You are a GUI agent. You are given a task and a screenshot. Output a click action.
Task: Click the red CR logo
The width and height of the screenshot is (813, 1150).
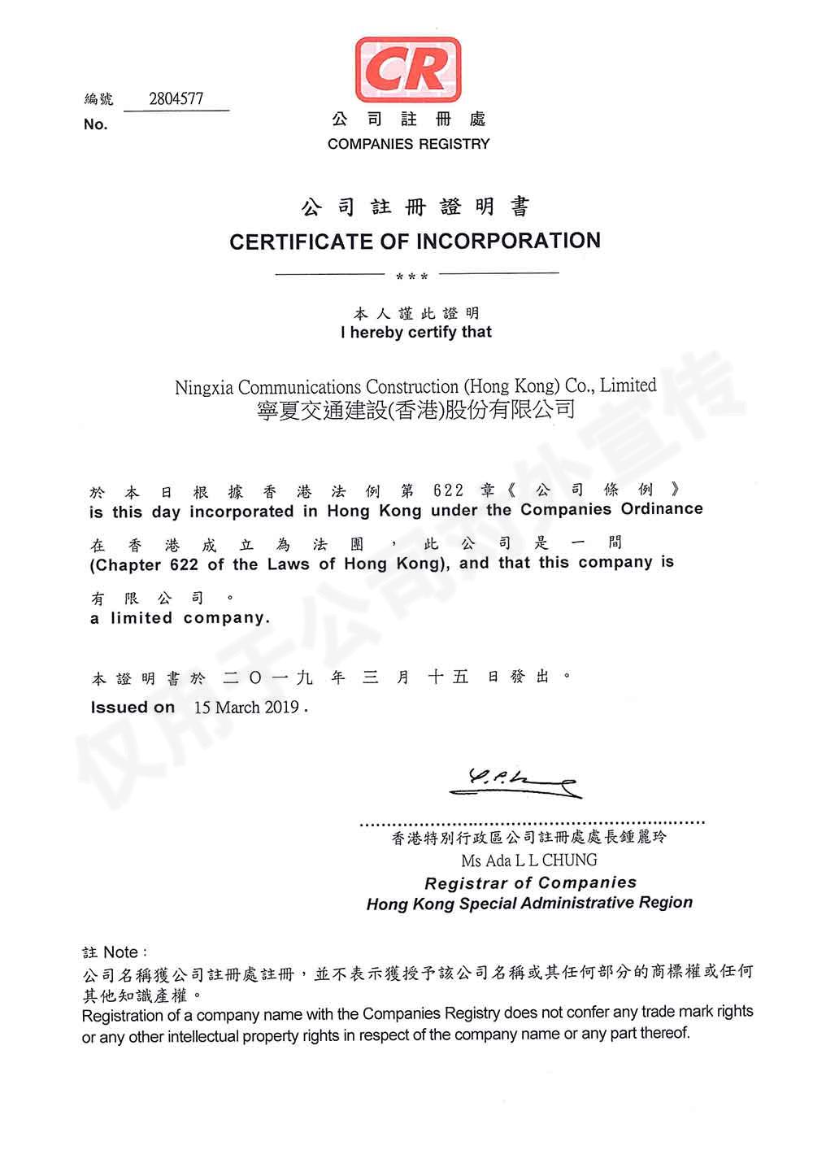pyautogui.click(x=407, y=70)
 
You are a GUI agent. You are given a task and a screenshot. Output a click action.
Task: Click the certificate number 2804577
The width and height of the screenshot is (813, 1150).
pyautogui.click(x=176, y=99)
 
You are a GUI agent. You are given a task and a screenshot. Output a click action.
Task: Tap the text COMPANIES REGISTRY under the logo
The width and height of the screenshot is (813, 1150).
pyautogui.click(x=408, y=144)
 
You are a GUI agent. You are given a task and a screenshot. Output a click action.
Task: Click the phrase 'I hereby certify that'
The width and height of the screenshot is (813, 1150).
pyautogui.click(x=415, y=332)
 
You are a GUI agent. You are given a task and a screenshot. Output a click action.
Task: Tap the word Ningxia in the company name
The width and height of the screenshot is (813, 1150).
pyautogui.click(x=204, y=387)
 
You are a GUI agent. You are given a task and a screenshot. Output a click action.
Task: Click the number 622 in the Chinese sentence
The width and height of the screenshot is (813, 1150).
pyautogui.click(x=449, y=490)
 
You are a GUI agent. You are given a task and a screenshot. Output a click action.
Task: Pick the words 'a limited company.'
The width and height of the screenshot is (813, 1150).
pyautogui.click(x=180, y=618)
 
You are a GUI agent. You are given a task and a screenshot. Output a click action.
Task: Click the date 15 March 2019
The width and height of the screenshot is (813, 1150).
pyautogui.click(x=246, y=708)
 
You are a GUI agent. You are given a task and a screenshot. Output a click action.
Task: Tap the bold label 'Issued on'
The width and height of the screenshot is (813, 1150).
pyautogui.click(x=133, y=708)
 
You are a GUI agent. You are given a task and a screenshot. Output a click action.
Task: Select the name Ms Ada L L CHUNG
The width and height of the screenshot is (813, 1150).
pyautogui.click(x=529, y=860)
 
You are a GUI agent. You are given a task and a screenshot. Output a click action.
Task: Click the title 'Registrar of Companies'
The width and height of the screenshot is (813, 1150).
pyautogui.click(x=530, y=882)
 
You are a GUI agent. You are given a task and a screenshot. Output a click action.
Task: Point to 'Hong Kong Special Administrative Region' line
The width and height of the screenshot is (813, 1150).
pyautogui.click(x=529, y=904)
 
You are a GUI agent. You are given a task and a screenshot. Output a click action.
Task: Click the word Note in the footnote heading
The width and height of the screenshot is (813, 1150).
pyautogui.click(x=122, y=952)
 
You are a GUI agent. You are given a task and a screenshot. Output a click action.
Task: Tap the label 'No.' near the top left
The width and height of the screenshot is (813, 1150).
pyautogui.click(x=95, y=124)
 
